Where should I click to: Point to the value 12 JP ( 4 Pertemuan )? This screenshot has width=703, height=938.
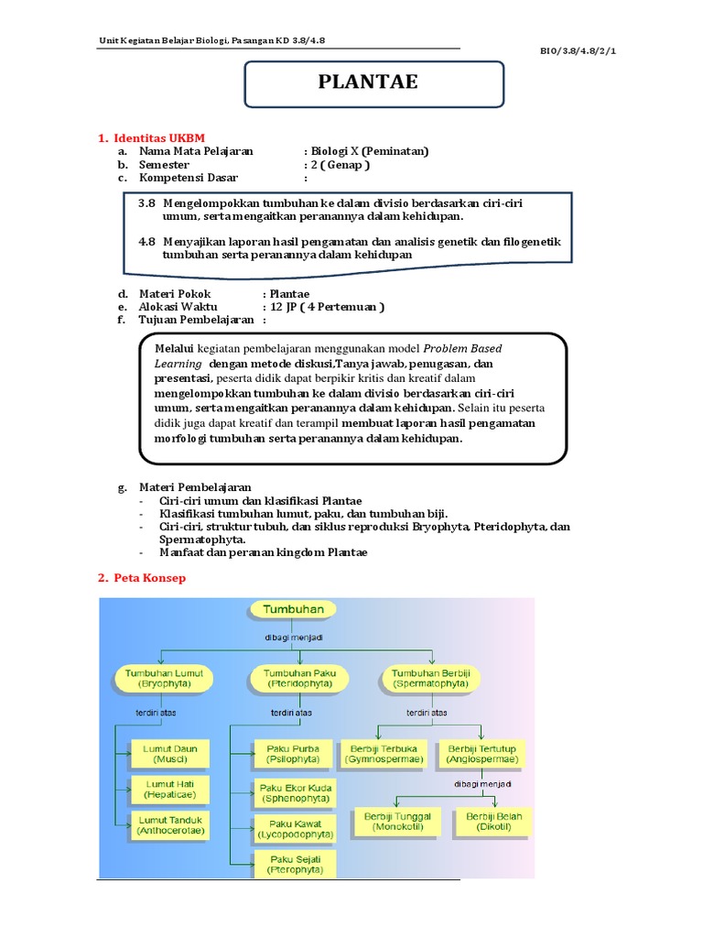(323, 307)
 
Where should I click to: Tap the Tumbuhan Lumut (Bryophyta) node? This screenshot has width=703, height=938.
(162, 678)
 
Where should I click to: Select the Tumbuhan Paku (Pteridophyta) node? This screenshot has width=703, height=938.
(293, 678)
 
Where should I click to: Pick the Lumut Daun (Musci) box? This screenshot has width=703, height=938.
(170, 753)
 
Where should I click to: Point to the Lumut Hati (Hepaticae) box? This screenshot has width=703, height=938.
(170, 788)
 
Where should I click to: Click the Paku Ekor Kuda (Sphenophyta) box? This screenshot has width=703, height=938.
(295, 792)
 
